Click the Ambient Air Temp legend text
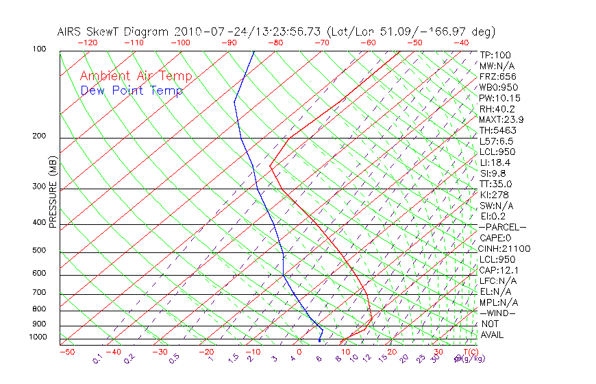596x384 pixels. coord(136,76)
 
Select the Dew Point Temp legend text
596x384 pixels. coord(132,91)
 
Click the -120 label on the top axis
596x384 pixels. coord(88,43)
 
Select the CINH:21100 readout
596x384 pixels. coord(504,248)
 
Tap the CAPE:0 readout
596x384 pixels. coord(496,238)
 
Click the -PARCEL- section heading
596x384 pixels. coord(502,227)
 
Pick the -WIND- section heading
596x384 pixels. coord(498,313)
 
